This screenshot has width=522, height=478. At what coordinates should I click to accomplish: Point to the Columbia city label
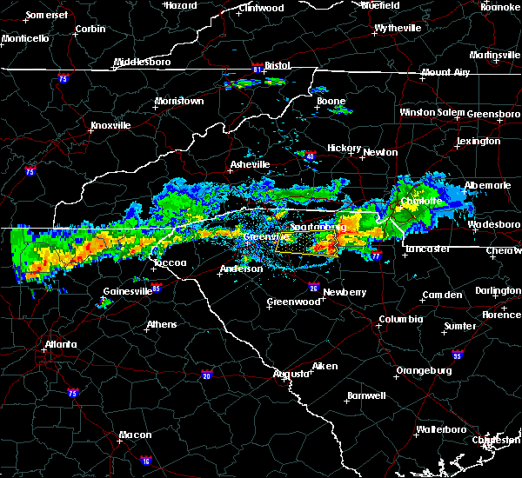pyautogui.click(x=400, y=319)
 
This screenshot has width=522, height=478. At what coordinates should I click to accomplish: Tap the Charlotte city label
pyautogui.click(x=421, y=201)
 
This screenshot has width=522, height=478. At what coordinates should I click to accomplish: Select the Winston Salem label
pyautogui.click(x=432, y=112)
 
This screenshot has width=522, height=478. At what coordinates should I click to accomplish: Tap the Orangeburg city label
pyautogui.click(x=424, y=370)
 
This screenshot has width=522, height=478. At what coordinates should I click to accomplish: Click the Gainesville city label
pyautogui.click(x=127, y=291)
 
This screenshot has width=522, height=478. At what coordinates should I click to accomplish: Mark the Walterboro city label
pyautogui.click(x=442, y=429)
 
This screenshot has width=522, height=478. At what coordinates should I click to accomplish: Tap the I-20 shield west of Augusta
pyautogui.click(x=206, y=375)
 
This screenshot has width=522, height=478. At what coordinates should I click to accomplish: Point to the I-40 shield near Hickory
pyautogui.click(x=310, y=156)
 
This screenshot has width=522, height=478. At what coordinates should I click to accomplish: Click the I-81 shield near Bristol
pyautogui.click(x=258, y=66)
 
